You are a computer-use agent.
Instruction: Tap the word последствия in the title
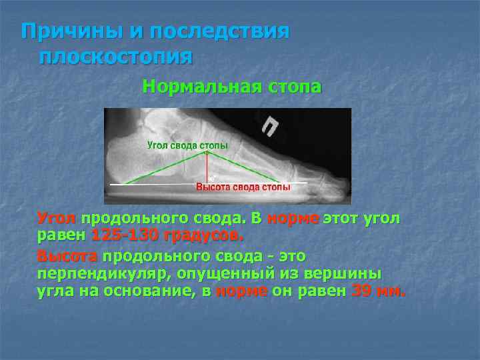[219, 31]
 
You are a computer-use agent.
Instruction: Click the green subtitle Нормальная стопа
[231, 87]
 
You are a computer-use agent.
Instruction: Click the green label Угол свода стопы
[187, 145]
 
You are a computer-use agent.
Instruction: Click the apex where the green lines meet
[208, 152]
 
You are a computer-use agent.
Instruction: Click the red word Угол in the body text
[57, 218]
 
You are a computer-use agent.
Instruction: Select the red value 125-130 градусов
[167, 236]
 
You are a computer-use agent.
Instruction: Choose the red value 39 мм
[377, 291]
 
